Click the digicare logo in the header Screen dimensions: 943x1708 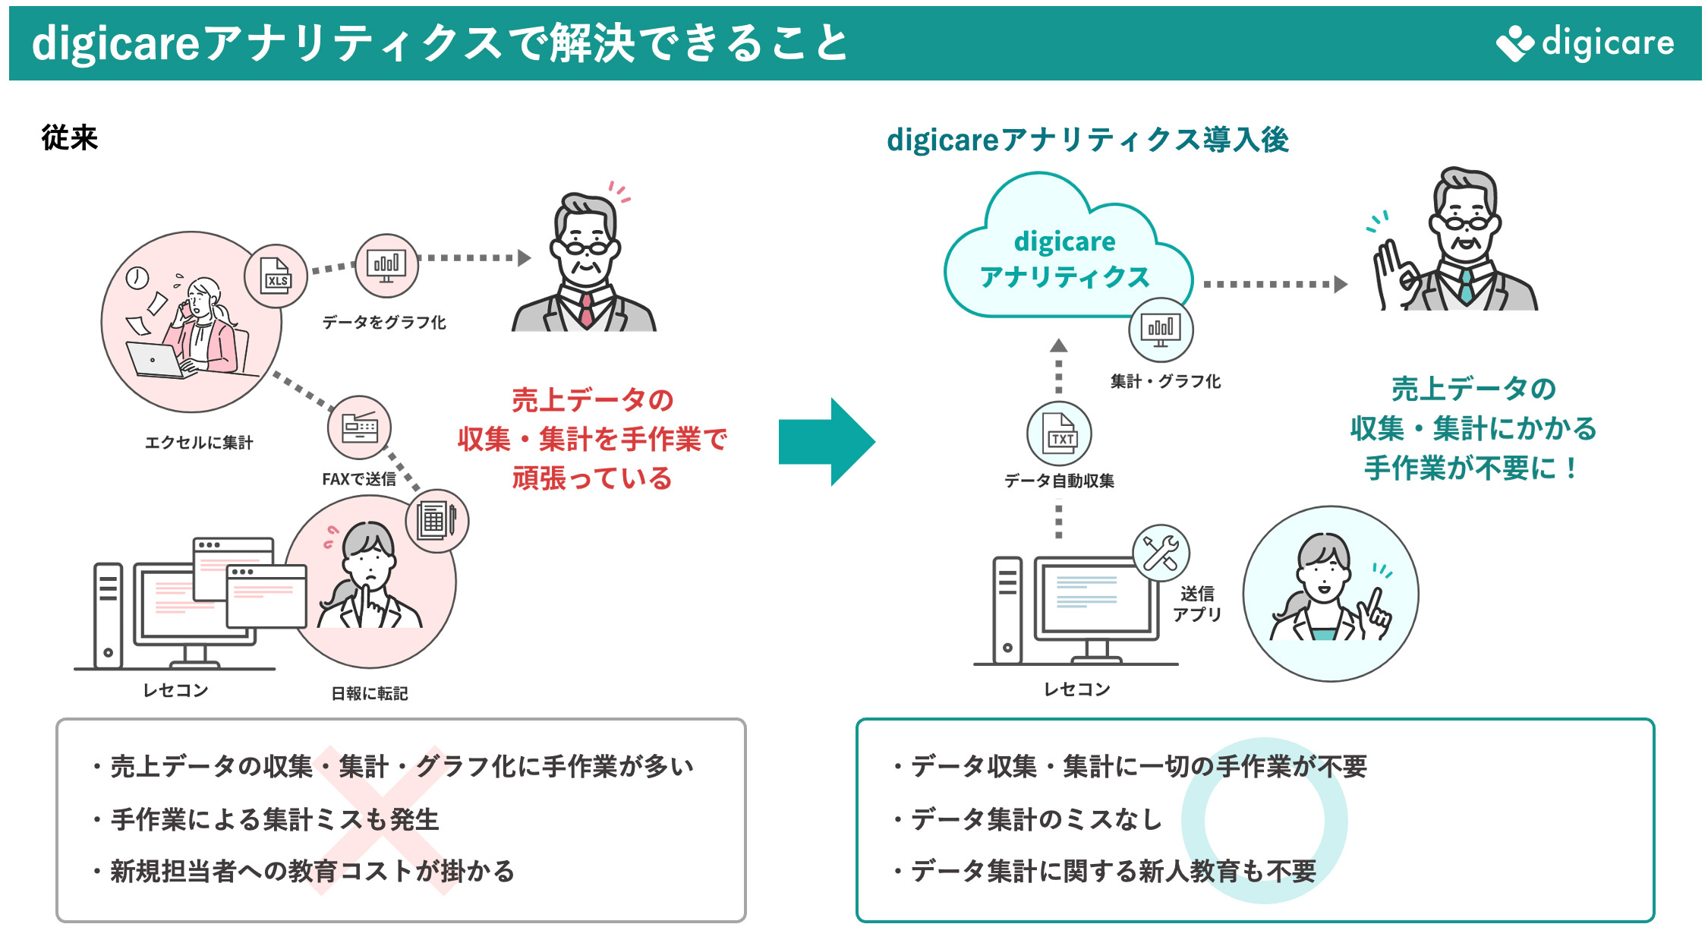(1585, 43)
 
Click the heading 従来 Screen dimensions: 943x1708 (69, 138)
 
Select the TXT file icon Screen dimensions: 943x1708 (1060, 434)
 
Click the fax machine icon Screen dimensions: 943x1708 (360, 427)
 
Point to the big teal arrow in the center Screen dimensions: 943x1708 (826, 442)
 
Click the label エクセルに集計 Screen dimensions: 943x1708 (199, 443)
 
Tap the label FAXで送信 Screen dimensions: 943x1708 (359, 479)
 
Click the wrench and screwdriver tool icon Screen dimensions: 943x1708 (1161, 553)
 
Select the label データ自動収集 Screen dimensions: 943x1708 (1059, 481)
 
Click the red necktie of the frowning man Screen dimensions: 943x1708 (586, 309)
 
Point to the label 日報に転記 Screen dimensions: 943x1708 (370, 693)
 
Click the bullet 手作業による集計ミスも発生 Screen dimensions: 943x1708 (275, 819)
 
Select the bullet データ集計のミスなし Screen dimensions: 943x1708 (1036, 819)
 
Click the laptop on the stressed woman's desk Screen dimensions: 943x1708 (156, 360)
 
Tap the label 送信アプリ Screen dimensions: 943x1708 (1197, 604)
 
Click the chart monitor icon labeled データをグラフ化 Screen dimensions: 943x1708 (386, 266)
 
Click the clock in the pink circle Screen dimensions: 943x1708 (137, 278)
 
